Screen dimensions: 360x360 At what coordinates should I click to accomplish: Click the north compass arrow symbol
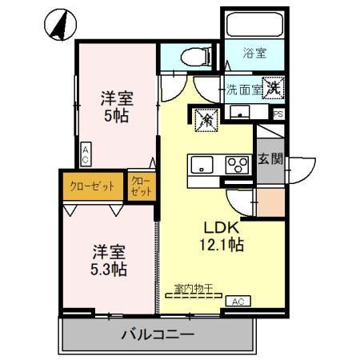pos(61,25)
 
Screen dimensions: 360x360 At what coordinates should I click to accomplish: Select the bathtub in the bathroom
pos(255,24)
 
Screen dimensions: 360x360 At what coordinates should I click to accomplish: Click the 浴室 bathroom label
pos(254,53)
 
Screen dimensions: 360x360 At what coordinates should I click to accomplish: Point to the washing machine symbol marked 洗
pos(273,87)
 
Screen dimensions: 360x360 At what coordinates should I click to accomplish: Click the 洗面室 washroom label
pos(244,90)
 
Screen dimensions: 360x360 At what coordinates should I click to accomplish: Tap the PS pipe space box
pos(278,114)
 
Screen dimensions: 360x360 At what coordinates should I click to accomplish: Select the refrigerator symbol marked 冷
pos(207,120)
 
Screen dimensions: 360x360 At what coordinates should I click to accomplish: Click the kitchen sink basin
pos(202,165)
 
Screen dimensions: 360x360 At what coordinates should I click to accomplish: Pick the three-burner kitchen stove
pos(238,165)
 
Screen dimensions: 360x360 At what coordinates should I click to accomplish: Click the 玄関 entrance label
pos(270,159)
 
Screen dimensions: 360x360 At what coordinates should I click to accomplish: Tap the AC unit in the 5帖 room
pos(86,154)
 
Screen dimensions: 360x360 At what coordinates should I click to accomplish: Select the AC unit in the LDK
pos(238,301)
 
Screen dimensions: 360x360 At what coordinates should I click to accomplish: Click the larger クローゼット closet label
pos(92,186)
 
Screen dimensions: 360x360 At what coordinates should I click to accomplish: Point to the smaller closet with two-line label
pos(142,186)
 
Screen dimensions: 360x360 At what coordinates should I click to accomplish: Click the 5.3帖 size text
pos(109,270)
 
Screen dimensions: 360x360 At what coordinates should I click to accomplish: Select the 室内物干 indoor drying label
pos(193,288)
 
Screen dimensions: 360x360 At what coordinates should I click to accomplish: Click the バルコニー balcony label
pos(158,334)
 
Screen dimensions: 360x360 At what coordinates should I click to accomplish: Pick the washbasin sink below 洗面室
pos(240,112)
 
